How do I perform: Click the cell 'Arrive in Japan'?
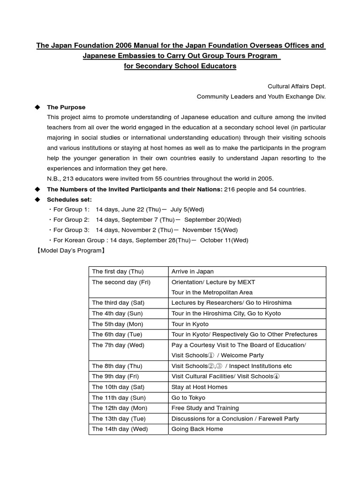[192, 271]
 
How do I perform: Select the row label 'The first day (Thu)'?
[118, 271]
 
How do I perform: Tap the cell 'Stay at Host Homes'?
[199, 387]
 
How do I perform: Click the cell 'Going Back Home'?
[197, 429]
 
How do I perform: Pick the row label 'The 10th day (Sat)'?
[119, 387]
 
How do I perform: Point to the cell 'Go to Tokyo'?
[188, 397]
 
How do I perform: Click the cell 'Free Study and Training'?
[205, 408]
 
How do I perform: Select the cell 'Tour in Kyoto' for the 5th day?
[190, 324]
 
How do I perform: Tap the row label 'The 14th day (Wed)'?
[120, 429]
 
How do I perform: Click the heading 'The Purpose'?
[66, 107]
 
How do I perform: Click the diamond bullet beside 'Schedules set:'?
[38, 199]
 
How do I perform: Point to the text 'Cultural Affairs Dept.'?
[296, 87]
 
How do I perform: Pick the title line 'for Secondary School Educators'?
[180, 66]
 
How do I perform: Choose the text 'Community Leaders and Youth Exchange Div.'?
[261, 97]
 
